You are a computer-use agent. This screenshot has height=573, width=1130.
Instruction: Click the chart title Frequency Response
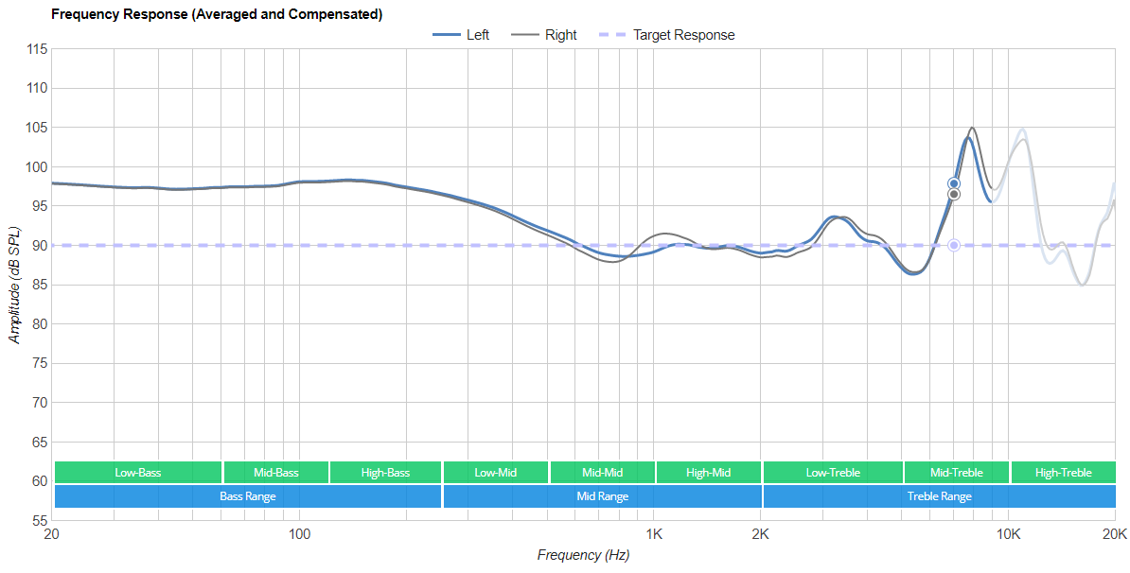tap(217, 14)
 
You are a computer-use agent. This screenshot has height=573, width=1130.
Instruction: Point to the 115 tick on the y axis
tap(37, 49)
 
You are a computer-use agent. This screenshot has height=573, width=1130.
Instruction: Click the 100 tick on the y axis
tap(37, 167)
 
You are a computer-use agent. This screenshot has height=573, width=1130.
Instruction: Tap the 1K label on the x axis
tap(654, 534)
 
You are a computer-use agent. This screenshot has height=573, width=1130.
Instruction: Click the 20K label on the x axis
tap(1114, 534)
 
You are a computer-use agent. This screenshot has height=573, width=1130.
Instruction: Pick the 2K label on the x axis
tap(760, 534)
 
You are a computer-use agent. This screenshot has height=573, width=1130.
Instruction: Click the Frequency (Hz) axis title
tap(583, 555)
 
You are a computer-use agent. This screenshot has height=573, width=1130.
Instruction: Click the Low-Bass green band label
tap(138, 472)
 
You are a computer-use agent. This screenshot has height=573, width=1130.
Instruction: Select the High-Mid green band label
tap(708, 472)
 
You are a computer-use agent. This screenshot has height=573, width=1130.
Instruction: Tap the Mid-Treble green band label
tap(956, 472)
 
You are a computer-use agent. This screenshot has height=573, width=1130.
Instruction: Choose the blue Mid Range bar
tap(602, 495)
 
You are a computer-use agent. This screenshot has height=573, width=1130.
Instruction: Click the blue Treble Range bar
tap(939, 495)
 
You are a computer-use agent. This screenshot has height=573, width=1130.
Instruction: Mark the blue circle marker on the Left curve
tap(954, 183)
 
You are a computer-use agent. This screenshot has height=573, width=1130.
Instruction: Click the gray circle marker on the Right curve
tap(954, 194)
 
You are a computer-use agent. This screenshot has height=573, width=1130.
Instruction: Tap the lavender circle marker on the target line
tap(954, 246)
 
